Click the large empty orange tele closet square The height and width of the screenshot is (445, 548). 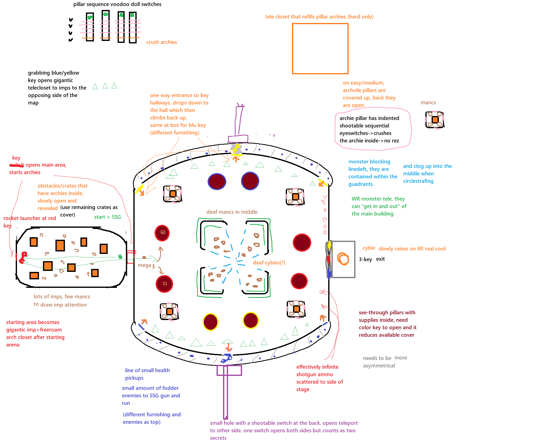(x=320, y=48)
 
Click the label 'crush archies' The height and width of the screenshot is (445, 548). (x=161, y=42)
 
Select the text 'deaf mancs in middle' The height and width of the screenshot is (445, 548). (x=232, y=212)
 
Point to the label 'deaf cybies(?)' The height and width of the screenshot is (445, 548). (x=269, y=262)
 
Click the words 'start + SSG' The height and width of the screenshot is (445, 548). (x=107, y=217)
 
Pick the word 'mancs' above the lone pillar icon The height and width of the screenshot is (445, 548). (x=428, y=103)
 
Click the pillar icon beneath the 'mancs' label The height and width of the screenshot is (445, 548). (x=434, y=120)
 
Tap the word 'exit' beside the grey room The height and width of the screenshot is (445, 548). (x=380, y=259)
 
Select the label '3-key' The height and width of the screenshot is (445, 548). (x=365, y=259)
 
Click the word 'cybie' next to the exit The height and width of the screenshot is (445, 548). (x=368, y=248)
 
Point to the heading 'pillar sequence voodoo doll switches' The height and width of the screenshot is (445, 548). (x=117, y=4)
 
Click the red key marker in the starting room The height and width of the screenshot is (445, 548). (x=23, y=257)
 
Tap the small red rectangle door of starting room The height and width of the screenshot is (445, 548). (x=130, y=257)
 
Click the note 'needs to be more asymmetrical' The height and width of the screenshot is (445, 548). (x=384, y=361)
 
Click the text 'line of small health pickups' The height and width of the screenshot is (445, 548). (x=147, y=374)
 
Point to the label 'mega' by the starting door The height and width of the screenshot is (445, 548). (x=144, y=265)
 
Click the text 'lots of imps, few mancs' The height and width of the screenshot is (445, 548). (x=62, y=296)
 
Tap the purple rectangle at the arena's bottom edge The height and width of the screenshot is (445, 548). (x=229, y=370)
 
